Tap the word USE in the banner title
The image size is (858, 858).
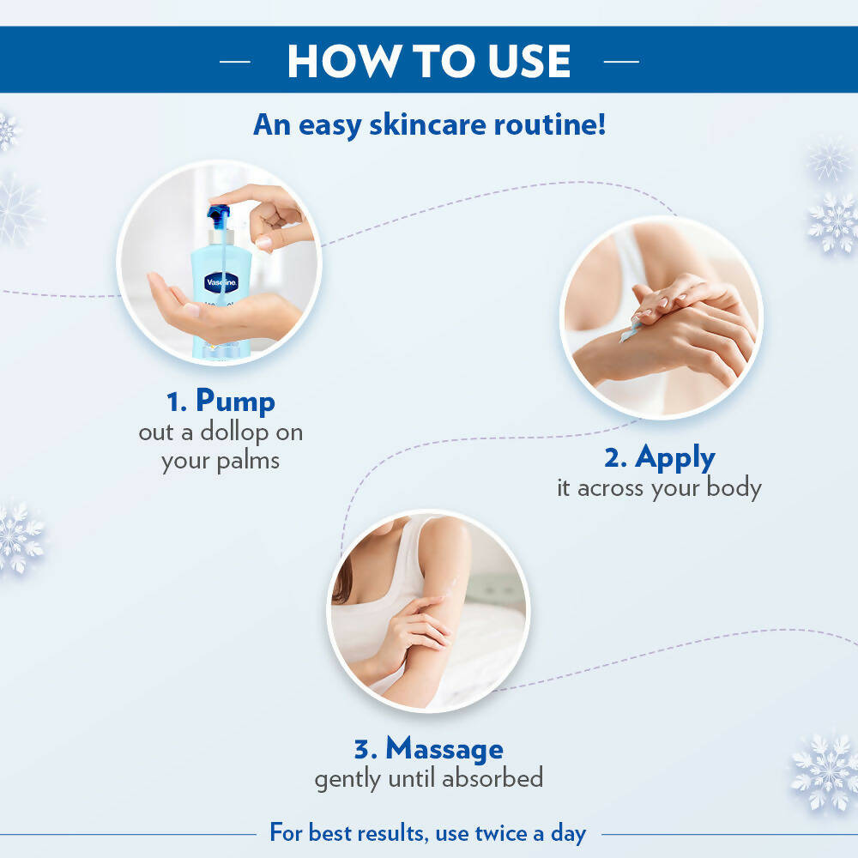coord(523,61)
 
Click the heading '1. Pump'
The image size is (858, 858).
coord(221,402)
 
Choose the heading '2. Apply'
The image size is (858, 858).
coord(659,457)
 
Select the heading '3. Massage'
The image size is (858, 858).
coord(428,749)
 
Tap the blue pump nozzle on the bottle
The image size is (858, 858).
coord(220,214)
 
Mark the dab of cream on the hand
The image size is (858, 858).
coord(629,329)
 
